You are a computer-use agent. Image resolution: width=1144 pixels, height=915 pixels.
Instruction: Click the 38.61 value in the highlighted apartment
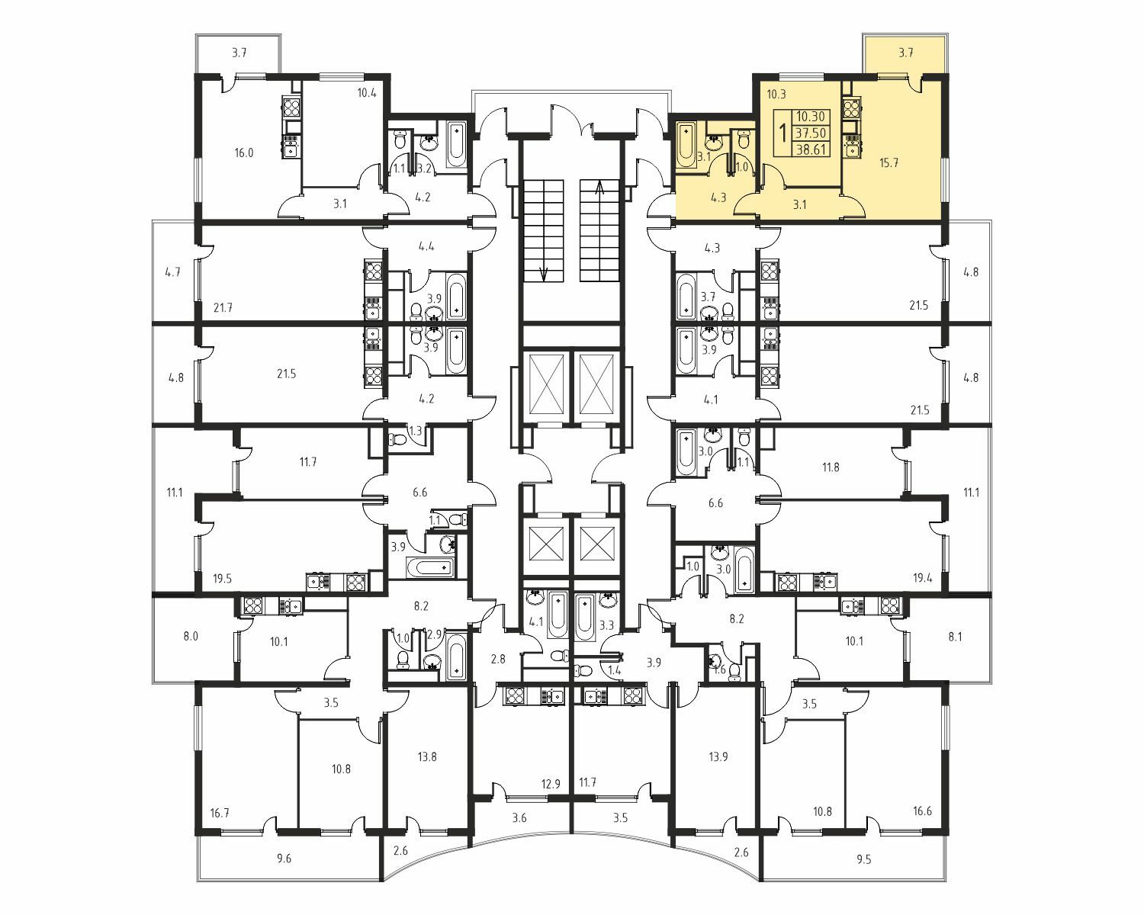pos(811,149)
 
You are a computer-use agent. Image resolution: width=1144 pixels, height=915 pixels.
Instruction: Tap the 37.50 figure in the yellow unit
pos(811,133)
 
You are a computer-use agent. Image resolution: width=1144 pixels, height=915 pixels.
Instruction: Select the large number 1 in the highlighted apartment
pos(782,133)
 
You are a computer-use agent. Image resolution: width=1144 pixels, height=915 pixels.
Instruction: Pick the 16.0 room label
pos(243,153)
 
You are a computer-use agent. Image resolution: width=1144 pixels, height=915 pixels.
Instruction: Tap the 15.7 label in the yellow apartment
pos(889,162)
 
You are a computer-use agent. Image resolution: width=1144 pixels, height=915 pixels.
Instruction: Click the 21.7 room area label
pos(223,307)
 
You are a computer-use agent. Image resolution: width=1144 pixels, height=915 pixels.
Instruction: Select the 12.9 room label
pos(551,784)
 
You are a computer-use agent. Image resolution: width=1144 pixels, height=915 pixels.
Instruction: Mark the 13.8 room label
pos(427,756)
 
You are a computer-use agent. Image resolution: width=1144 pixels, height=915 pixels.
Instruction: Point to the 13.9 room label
pos(718,756)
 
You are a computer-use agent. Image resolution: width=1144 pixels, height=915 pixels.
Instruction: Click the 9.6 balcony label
pos(284,858)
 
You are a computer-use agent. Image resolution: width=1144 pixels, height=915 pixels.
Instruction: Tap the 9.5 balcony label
pos(864,859)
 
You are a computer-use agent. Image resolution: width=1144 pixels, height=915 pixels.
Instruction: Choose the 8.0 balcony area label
pos(191,636)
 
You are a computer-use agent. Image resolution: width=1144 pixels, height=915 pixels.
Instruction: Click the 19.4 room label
pos(922,578)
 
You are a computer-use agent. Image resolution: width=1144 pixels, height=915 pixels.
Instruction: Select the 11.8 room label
pos(831,467)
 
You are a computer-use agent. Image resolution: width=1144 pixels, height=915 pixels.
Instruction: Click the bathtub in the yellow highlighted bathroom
pos(686,145)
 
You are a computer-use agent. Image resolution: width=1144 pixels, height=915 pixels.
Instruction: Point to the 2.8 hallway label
pos(498,660)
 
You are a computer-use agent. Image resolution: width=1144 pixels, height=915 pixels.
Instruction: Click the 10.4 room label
pos(367,94)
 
